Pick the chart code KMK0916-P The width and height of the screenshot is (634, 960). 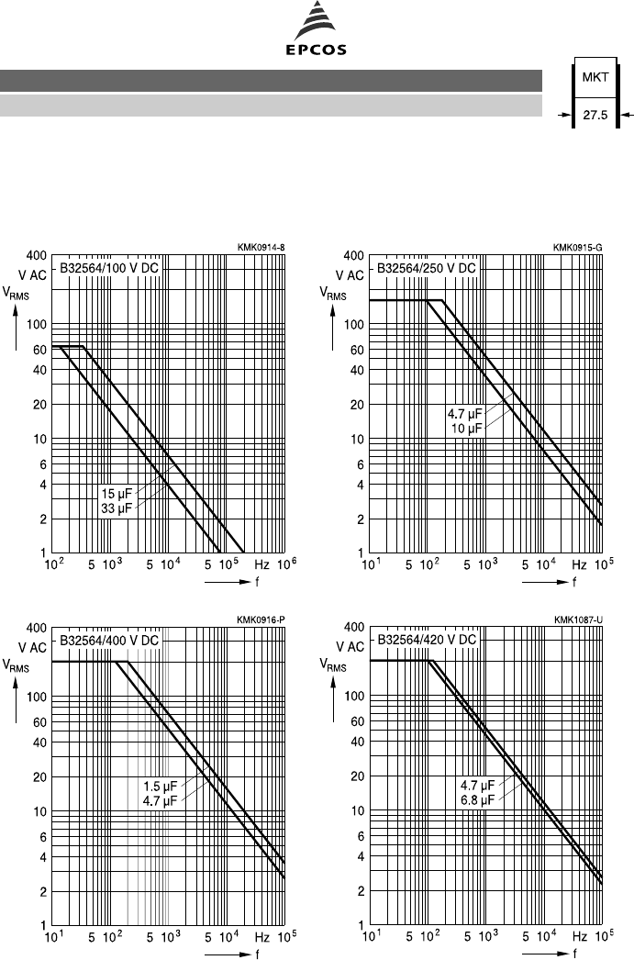point(261,619)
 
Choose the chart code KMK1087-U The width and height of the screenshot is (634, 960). point(577,619)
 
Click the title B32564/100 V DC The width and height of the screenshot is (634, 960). point(111,269)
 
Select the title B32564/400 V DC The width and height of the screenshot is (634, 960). point(111,640)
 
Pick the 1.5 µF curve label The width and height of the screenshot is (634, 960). point(160,786)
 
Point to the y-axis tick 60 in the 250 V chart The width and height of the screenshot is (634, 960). point(358,350)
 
